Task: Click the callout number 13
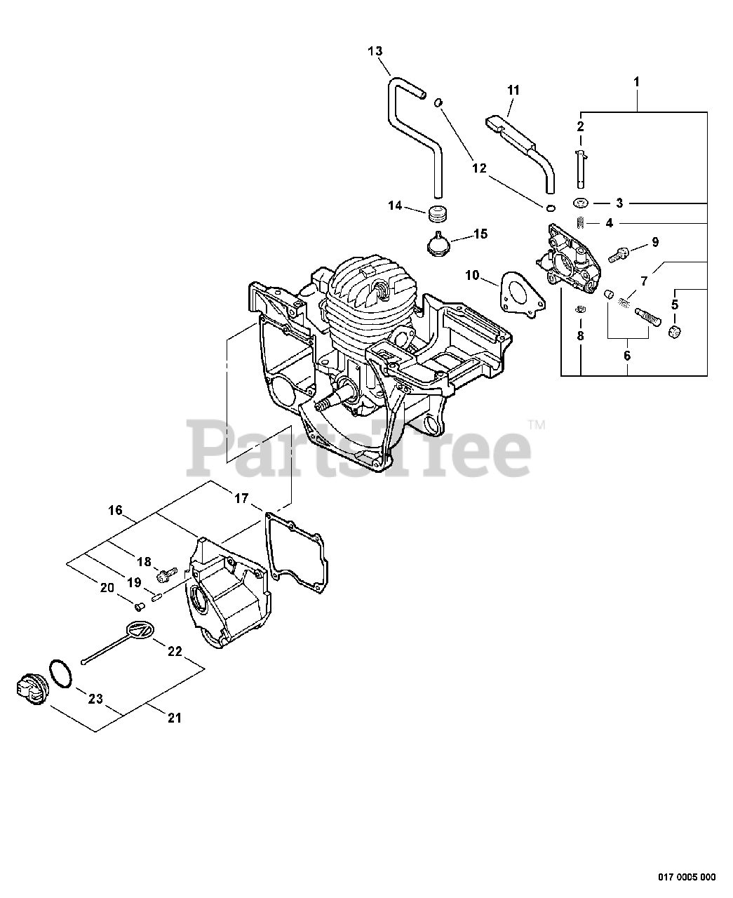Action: (x=375, y=51)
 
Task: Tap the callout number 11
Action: (x=513, y=90)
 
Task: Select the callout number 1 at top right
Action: (x=636, y=82)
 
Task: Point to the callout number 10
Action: (x=471, y=276)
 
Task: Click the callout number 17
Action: (x=241, y=499)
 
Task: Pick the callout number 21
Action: (x=175, y=718)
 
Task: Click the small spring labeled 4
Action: (x=580, y=223)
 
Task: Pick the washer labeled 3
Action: (x=580, y=203)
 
